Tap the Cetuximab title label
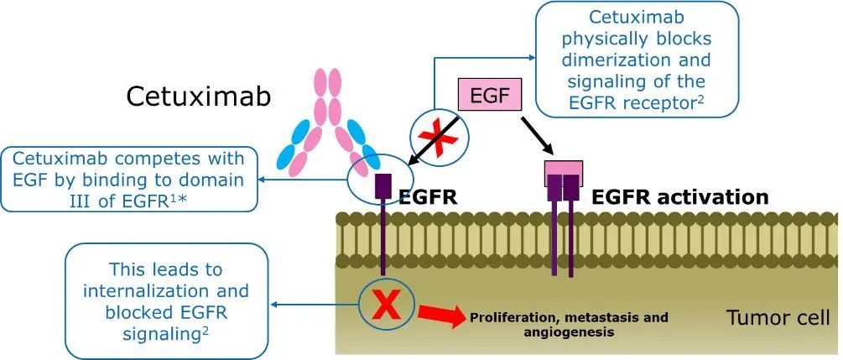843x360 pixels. click(x=199, y=96)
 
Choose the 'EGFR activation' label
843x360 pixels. click(x=679, y=198)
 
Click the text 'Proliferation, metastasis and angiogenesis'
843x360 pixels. click(x=569, y=325)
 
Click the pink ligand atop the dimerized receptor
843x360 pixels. click(x=563, y=168)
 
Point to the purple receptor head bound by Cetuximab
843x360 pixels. click(x=384, y=185)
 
